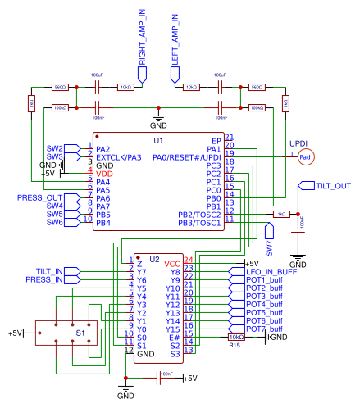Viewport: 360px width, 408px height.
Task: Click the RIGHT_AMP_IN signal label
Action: pos(142,39)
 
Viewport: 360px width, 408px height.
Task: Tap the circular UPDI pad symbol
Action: pos(305,156)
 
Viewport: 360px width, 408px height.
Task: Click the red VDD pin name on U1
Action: pos(105,174)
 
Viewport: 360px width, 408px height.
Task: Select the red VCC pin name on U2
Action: pos(171,263)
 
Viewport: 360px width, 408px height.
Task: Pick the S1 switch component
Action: pos(80,333)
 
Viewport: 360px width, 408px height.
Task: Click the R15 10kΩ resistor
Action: pos(235,337)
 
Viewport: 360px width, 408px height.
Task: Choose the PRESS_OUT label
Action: pos(40,197)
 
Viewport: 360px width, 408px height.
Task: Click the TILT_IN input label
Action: pos(50,271)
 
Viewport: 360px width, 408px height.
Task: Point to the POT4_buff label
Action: pos(264,304)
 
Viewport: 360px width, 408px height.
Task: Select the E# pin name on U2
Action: pos(174,337)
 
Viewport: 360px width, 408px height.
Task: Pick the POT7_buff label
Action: pos(264,329)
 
